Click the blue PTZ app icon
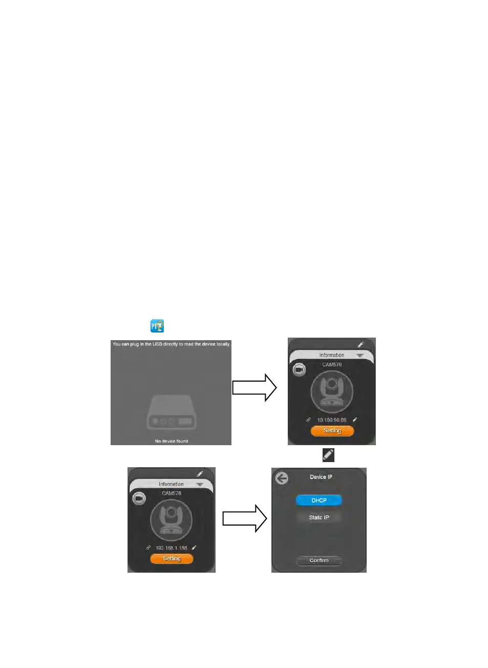[157, 326]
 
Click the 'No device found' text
[171, 441]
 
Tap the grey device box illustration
[171, 412]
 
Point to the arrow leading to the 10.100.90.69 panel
[254, 387]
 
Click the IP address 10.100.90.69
[331, 420]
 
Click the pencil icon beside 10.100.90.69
[355, 420]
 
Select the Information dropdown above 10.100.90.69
[332, 355]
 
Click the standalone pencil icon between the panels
[328, 455]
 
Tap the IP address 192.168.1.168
[171, 548]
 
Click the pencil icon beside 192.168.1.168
[194, 548]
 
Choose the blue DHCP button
[319, 500]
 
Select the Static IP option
[319, 517]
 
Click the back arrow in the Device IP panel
[282, 478]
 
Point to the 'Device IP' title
[321, 477]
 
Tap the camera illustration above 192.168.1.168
[171, 519]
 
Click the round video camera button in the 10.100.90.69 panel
[299, 369]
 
